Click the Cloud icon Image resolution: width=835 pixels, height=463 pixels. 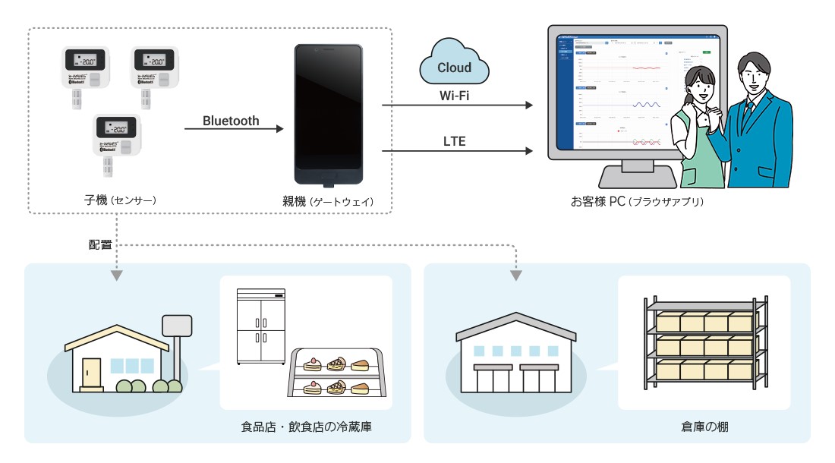click(x=454, y=64)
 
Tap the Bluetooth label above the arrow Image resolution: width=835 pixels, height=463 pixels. click(x=231, y=121)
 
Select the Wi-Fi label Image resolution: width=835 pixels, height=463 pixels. click(x=454, y=96)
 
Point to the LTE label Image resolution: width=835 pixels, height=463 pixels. click(x=454, y=141)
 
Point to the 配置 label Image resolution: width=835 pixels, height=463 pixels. click(x=100, y=245)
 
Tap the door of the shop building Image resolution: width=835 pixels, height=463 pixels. click(x=91, y=373)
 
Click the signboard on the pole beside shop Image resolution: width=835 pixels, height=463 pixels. click(x=175, y=326)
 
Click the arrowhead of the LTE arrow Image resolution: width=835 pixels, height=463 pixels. click(x=530, y=151)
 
